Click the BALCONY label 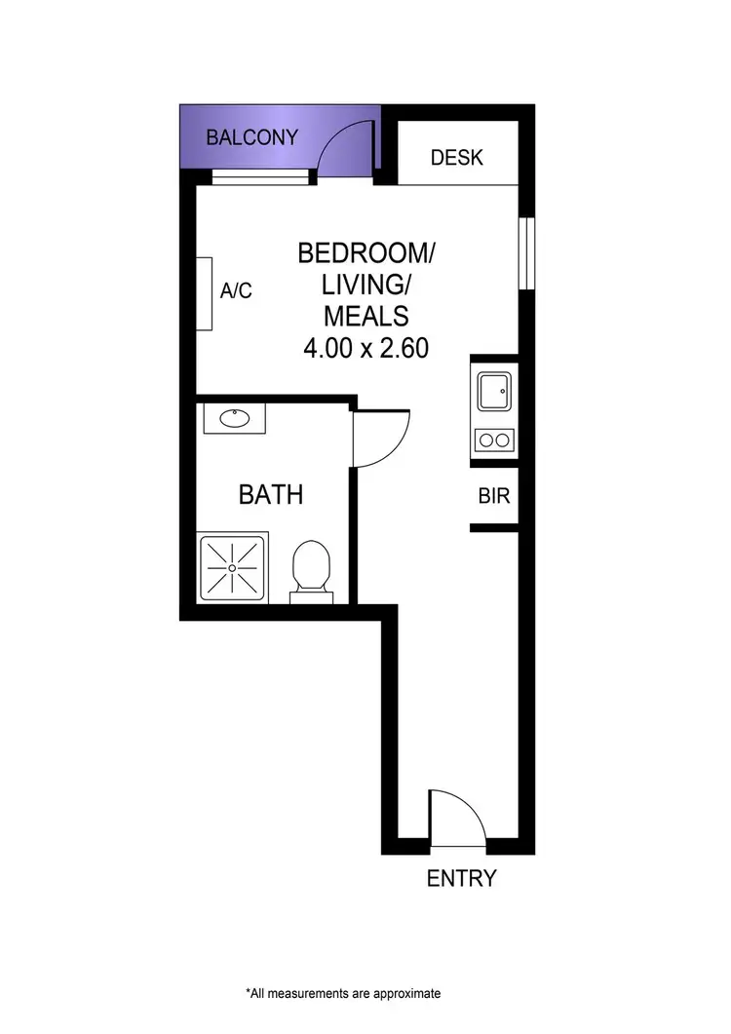tap(251, 137)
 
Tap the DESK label tap(456, 157)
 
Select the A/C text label tap(236, 290)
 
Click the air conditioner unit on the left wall tap(205, 293)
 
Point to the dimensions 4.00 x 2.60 tap(365, 348)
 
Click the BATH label tap(271, 495)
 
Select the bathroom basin tap(234, 419)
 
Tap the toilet tap(312, 567)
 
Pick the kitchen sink tap(493, 392)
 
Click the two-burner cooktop tap(493, 440)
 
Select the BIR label tap(494, 496)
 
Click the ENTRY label tap(462, 878)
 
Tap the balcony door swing tap(345, 148)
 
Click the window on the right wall tap(526, 253)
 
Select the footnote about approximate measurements tap(343, 994)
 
